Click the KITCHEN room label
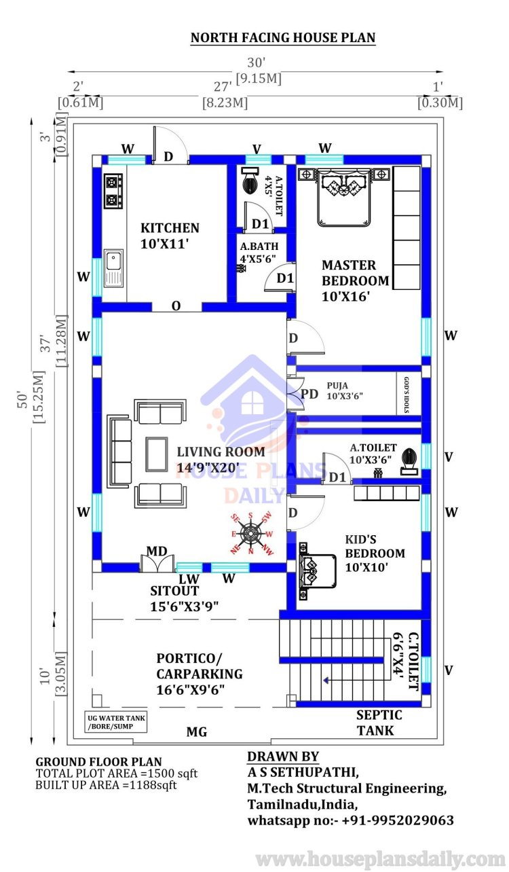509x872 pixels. [x=170, y=228]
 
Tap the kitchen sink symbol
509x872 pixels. [x=113, y=268]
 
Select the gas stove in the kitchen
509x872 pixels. [x=113, y=191]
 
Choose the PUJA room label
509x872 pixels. [x=337, y=386]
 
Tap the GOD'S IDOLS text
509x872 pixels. [x=407, y=395]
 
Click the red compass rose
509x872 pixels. [x=250, y=533]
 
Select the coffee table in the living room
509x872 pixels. [x=157, y=454]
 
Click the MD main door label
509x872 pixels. [x=157, y=551]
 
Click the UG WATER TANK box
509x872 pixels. [x=116, y=722]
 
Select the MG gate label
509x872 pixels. [x=197, y=732]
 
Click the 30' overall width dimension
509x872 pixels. [x=257, y=62]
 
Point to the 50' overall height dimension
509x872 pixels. [x=23, y=400]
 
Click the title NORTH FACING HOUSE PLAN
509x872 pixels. [x=283, y=38]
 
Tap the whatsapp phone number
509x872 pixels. [x=398, y=820]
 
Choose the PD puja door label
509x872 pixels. [x=309, y=394]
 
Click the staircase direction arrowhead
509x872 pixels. [x=326, y=680]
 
